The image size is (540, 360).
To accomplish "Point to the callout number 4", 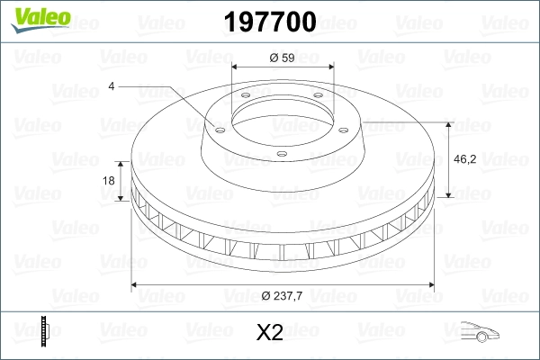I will coord(112,86).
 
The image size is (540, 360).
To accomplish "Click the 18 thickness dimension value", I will coord(110,181).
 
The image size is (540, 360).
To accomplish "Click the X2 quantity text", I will coord(270,333).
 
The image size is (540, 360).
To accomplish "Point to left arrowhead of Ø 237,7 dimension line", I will coord(136,285).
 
